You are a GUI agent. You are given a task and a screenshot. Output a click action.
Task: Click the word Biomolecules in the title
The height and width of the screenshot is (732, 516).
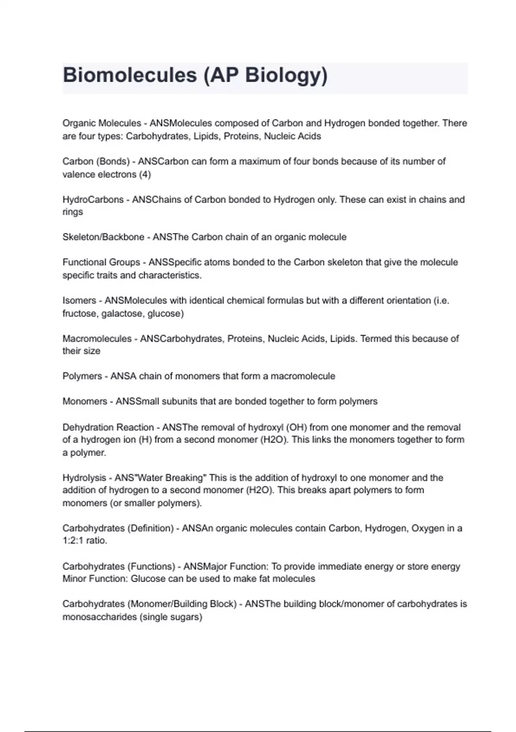point(129,75)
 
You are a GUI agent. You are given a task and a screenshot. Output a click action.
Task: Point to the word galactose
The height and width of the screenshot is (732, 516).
point(121,313)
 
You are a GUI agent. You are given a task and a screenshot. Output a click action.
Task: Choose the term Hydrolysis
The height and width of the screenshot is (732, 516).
point(84,478)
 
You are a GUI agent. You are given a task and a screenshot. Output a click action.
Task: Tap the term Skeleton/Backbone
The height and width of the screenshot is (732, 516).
point(103,237)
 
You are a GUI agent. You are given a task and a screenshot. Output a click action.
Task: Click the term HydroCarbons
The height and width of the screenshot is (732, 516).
point(93,200)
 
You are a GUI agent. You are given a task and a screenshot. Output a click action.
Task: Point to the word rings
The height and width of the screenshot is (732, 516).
point(73,212)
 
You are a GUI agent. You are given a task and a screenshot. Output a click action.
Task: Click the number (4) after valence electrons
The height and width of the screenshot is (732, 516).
point(145,174)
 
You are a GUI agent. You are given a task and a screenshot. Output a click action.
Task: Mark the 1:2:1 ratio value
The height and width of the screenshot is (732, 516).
point(73,541)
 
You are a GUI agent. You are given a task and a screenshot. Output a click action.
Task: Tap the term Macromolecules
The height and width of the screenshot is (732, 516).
point(97,339)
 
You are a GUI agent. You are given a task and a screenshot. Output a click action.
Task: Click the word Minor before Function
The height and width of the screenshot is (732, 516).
point(74,579)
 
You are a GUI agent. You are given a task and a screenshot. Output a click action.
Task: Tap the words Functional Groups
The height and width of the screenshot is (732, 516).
point(101,263)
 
